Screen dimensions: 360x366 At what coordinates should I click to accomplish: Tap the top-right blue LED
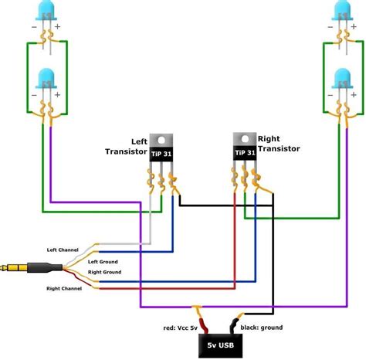(340, 12)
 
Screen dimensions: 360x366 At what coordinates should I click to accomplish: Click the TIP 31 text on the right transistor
(244, 153)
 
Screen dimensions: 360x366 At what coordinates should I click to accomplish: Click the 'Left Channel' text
(62, 249)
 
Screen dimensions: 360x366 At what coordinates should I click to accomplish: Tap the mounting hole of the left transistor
(161, 138)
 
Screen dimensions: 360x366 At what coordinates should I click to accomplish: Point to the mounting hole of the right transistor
(244, 140)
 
